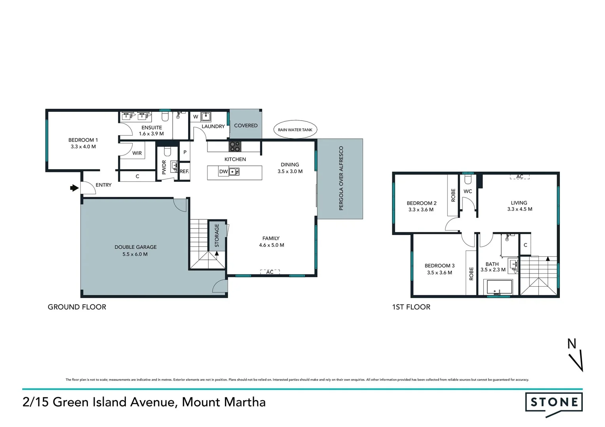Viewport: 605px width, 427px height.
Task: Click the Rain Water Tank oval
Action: pyautogui.click(x=295, y=130)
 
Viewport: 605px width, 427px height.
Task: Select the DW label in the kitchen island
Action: pyautogui.click(x=223, y=172)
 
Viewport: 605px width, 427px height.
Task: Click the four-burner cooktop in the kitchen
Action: pyautogui.click(x=235, y=146)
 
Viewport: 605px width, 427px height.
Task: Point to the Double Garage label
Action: pyautogui.click(x=135, y=247)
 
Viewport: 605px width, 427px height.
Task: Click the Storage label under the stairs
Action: pyautogui.click(x=217, y=235)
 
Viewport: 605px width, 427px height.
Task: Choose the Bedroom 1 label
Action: pyautogui.click(x=83, y=140)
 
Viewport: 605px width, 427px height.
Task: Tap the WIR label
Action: pyautogui.click(x=137, y=153)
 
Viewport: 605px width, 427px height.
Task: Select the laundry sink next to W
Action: pyautogui.click(x=205, y=116)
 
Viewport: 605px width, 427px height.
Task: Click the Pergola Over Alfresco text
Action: pyautogui.click(x=341, y=178)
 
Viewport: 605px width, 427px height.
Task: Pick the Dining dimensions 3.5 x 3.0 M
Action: pyautogui.click(x=290, y=172)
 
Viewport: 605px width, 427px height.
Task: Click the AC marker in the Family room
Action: pyautogui.click(x=270, y=272)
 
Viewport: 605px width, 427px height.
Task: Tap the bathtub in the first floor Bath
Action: pyautogui.click(x=499, y=287)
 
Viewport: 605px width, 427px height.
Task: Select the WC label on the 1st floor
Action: pyautogui.click(x=468, y=191)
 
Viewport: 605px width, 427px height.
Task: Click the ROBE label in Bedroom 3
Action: pyautogui.click(x=471, y=274)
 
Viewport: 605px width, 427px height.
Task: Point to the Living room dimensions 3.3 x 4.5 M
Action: pyautogui.click(x=519, y=209)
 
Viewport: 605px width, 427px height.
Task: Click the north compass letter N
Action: pyautogui.click(x=571, y=344)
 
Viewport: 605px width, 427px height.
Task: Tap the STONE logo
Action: pyautogui.click(x=554, y=402)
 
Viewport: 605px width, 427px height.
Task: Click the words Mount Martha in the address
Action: pyautogui.click(x=224, y=402)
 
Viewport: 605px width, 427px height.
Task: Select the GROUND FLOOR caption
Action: pyautogui.click(x=77, y=307)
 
